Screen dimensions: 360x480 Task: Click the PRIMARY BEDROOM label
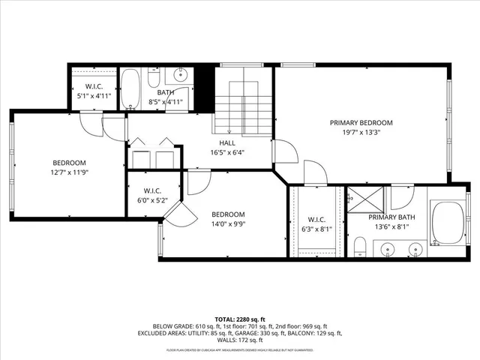[361, 122]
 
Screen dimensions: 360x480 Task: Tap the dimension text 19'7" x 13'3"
[361, 133]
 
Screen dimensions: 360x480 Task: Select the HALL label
[226, 142]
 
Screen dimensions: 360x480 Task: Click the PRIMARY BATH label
[395, 217]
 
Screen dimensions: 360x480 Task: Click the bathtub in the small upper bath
[132, 89]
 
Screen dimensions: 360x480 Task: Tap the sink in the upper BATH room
[181, 74]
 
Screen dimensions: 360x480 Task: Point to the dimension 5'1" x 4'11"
[94, 96]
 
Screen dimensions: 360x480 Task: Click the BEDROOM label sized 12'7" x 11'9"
[69, 163]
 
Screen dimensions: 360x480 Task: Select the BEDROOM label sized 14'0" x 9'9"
[228, 213]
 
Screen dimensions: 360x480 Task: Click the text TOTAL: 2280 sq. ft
[240, 319]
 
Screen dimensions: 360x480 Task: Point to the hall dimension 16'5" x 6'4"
[227, 152]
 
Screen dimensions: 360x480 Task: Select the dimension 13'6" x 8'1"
[395, 226]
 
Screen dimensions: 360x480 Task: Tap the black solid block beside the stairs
[200, 88]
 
